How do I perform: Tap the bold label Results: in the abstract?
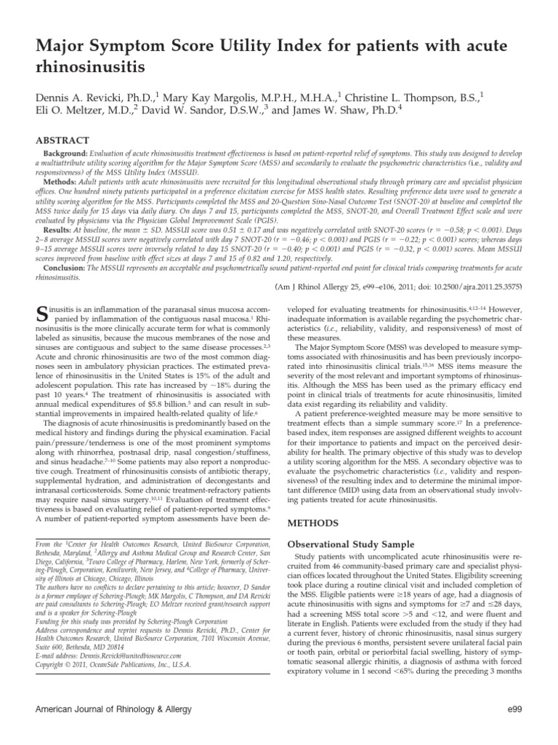59,228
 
